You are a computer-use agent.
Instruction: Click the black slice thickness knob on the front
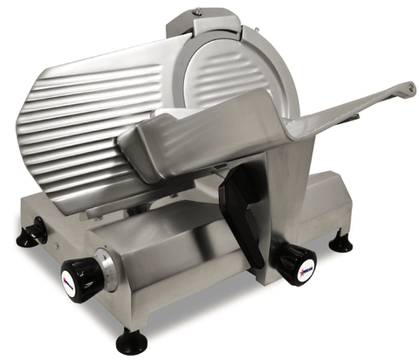[82, 280]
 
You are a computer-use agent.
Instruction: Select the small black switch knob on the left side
[37, 232]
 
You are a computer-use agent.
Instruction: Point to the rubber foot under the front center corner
[132, 340]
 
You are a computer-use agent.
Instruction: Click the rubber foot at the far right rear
[340, 242]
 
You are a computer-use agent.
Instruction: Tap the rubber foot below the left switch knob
[27, 239]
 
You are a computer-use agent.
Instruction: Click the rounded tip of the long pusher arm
[407, 87]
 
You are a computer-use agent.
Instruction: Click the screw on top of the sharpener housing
[197, 11]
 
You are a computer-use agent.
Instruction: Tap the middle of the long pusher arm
[340, 112]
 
